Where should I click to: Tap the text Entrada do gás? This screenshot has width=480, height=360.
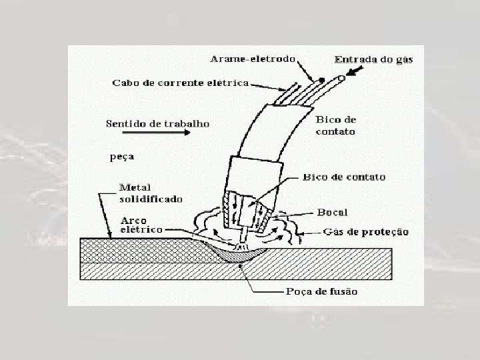point(374,59)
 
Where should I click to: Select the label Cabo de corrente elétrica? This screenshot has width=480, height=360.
point(180,83)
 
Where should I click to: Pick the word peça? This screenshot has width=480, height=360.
point(121,158)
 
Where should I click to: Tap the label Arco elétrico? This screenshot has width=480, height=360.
point(141,225)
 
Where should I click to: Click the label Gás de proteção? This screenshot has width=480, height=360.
point(367,232)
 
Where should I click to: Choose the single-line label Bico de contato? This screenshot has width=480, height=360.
point(344,177)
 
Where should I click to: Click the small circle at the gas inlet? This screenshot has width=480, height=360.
point(341,78)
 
